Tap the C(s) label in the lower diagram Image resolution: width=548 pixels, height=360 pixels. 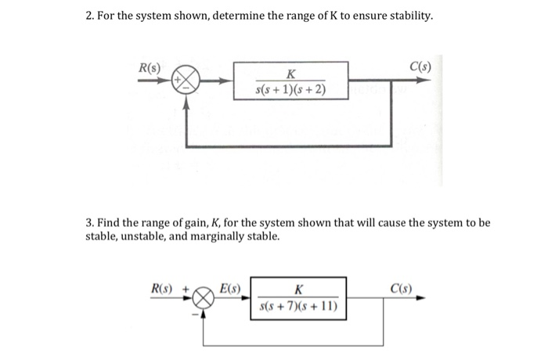[x=402, y=287]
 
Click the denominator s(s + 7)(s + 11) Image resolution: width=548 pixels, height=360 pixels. [x=298, y=306]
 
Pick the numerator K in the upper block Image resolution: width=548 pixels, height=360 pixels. [x=291, y=74]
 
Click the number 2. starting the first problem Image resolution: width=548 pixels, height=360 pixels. [x=90, y=16]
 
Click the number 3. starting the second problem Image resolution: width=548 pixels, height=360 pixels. [x=90, y=222]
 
